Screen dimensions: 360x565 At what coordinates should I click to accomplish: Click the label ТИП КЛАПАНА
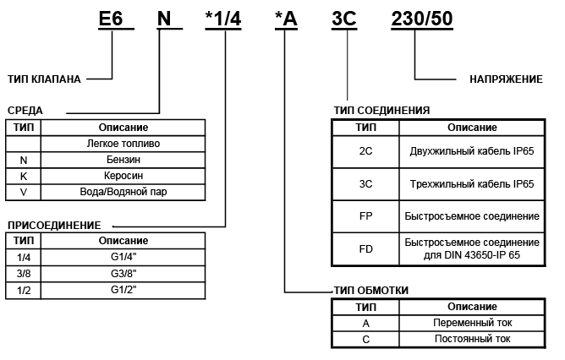pyautogui.click(x=44, y=79)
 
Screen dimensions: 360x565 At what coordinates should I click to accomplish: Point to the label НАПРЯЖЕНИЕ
pyautogui.click(x=506, y=79)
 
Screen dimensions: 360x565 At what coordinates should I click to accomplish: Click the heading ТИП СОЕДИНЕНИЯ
pyautogui.click(x=382, y=111)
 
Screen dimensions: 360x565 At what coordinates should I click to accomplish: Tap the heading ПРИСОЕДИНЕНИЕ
pyautogui.click(x=54, y=225)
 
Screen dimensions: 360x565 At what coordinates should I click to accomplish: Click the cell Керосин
pyautogui.click(x=123, y=175)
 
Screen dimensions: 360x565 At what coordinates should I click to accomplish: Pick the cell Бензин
pyautogui.click(x=123, y=159)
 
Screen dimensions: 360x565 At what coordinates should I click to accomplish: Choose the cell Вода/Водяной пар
pyautogui.click(x=123, y=191)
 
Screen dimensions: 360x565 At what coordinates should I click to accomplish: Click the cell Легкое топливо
pyautogui.click(x=123, y=143)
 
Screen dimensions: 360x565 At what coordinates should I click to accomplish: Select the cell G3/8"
pyautogui.click(x=123, y=274)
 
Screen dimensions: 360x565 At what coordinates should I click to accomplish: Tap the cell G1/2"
pyautogui.click(x=123, y=290)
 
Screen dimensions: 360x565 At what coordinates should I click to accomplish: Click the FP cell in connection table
pyautogui.click(x=366, y=215)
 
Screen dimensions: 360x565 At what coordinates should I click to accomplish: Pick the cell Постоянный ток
pyautogui.click(x=472, y=339)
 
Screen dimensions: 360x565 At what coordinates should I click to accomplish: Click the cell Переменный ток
pyautogui.click(x=472, y=323)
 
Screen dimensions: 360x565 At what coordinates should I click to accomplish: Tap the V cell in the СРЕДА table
pyautogui.click(x=24, y=191)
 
